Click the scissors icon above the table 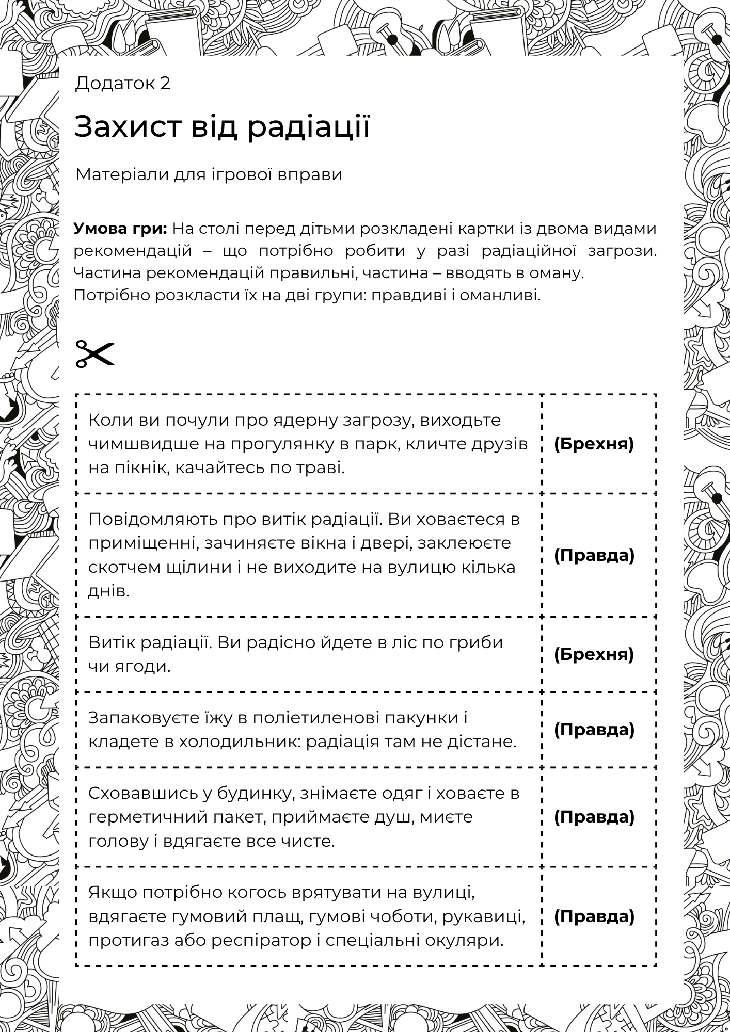pos(94,353)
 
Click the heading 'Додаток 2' pos(122,83)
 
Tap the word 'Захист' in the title pos(129,127)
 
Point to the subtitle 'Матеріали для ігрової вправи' pos(209,174)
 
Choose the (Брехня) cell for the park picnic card pos(594,444)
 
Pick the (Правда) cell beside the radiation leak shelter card pos(594,555)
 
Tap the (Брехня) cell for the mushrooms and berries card pos(594,654)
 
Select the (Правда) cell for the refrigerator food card pos(594,730)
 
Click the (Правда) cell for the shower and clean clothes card pos(594,817)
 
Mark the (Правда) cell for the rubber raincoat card pos(594,916)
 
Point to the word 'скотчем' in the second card pos(120,567)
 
